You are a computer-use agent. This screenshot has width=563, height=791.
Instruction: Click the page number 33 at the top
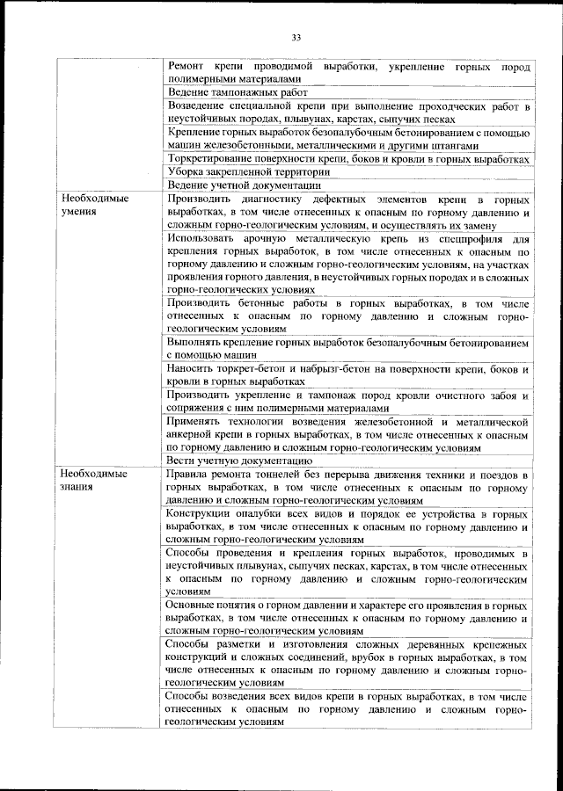[296, 37]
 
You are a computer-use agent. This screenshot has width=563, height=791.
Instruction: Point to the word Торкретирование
[209, 159]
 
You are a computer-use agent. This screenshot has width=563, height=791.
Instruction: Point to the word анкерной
[191, 435]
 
